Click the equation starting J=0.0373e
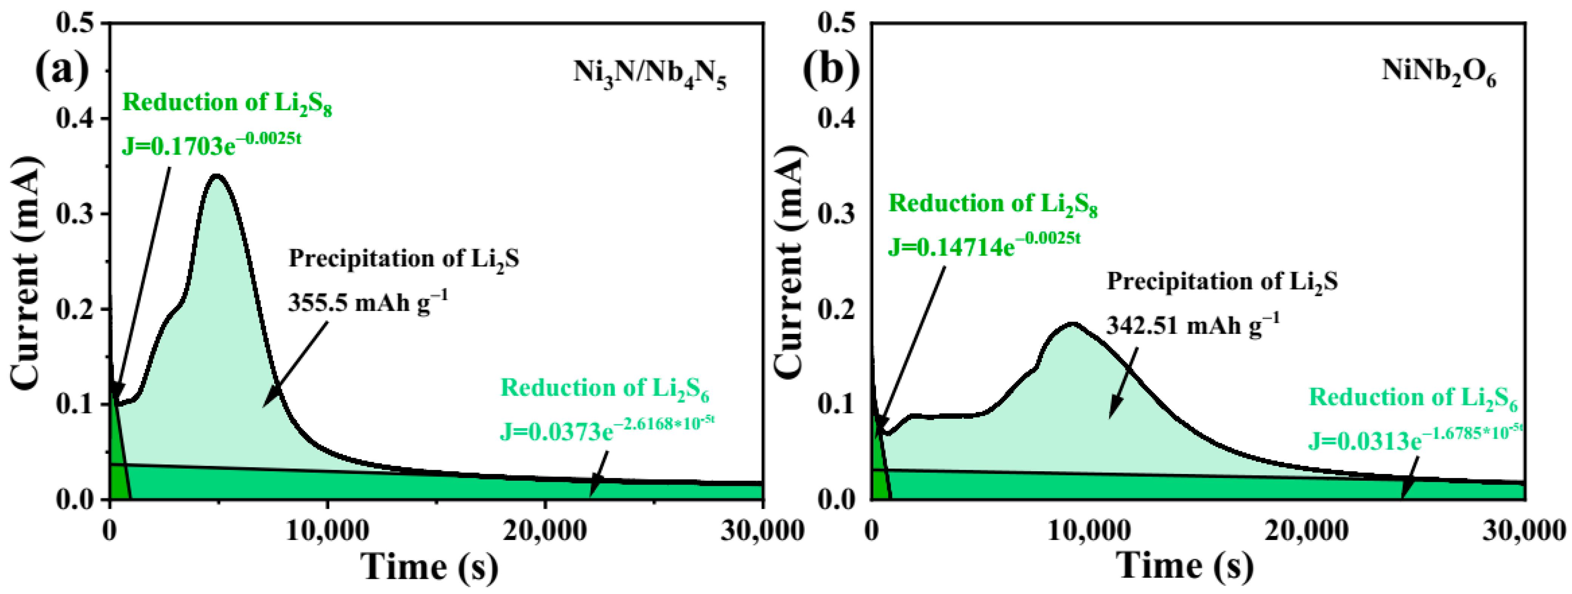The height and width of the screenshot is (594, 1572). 606,430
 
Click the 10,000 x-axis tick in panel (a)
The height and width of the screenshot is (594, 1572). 328,531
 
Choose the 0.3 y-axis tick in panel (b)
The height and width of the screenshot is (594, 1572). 837,214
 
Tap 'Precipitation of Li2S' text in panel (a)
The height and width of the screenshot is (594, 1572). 404,259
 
